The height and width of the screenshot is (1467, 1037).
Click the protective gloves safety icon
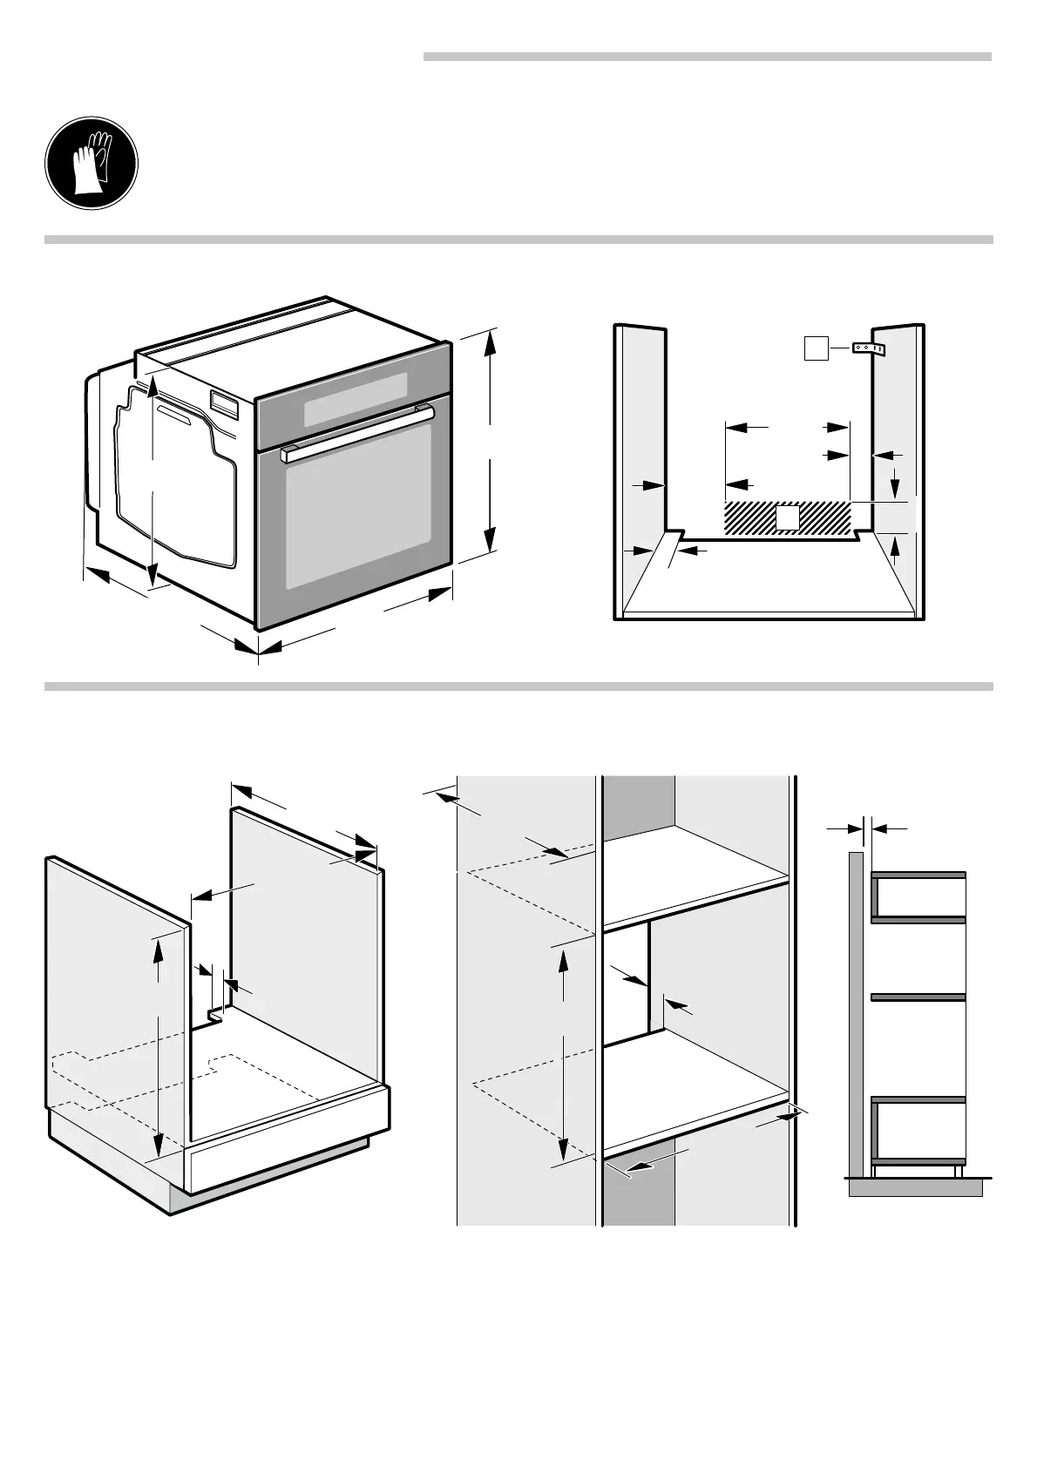[x=91, y=164]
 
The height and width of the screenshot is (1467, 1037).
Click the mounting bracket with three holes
[x=868, y=349]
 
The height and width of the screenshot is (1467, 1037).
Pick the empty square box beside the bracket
[x=815, y=349]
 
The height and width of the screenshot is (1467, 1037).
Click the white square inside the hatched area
[x=788, y=518]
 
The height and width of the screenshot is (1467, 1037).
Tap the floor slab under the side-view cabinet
[x=915, y=1187]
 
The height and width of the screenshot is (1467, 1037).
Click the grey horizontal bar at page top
[x=707, y=57]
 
